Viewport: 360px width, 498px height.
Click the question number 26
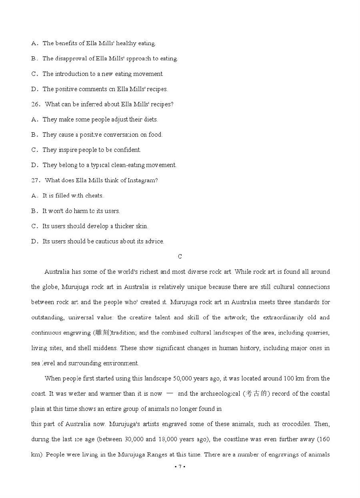(x=35, y=104)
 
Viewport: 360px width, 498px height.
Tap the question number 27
(x=35, y=180)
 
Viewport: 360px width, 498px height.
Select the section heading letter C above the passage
(x=180, y=257)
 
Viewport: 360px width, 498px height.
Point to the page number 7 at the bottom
(x=180, y=466)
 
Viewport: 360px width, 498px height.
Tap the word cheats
(x=94, y=195)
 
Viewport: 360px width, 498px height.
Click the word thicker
(x=124, y=226)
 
